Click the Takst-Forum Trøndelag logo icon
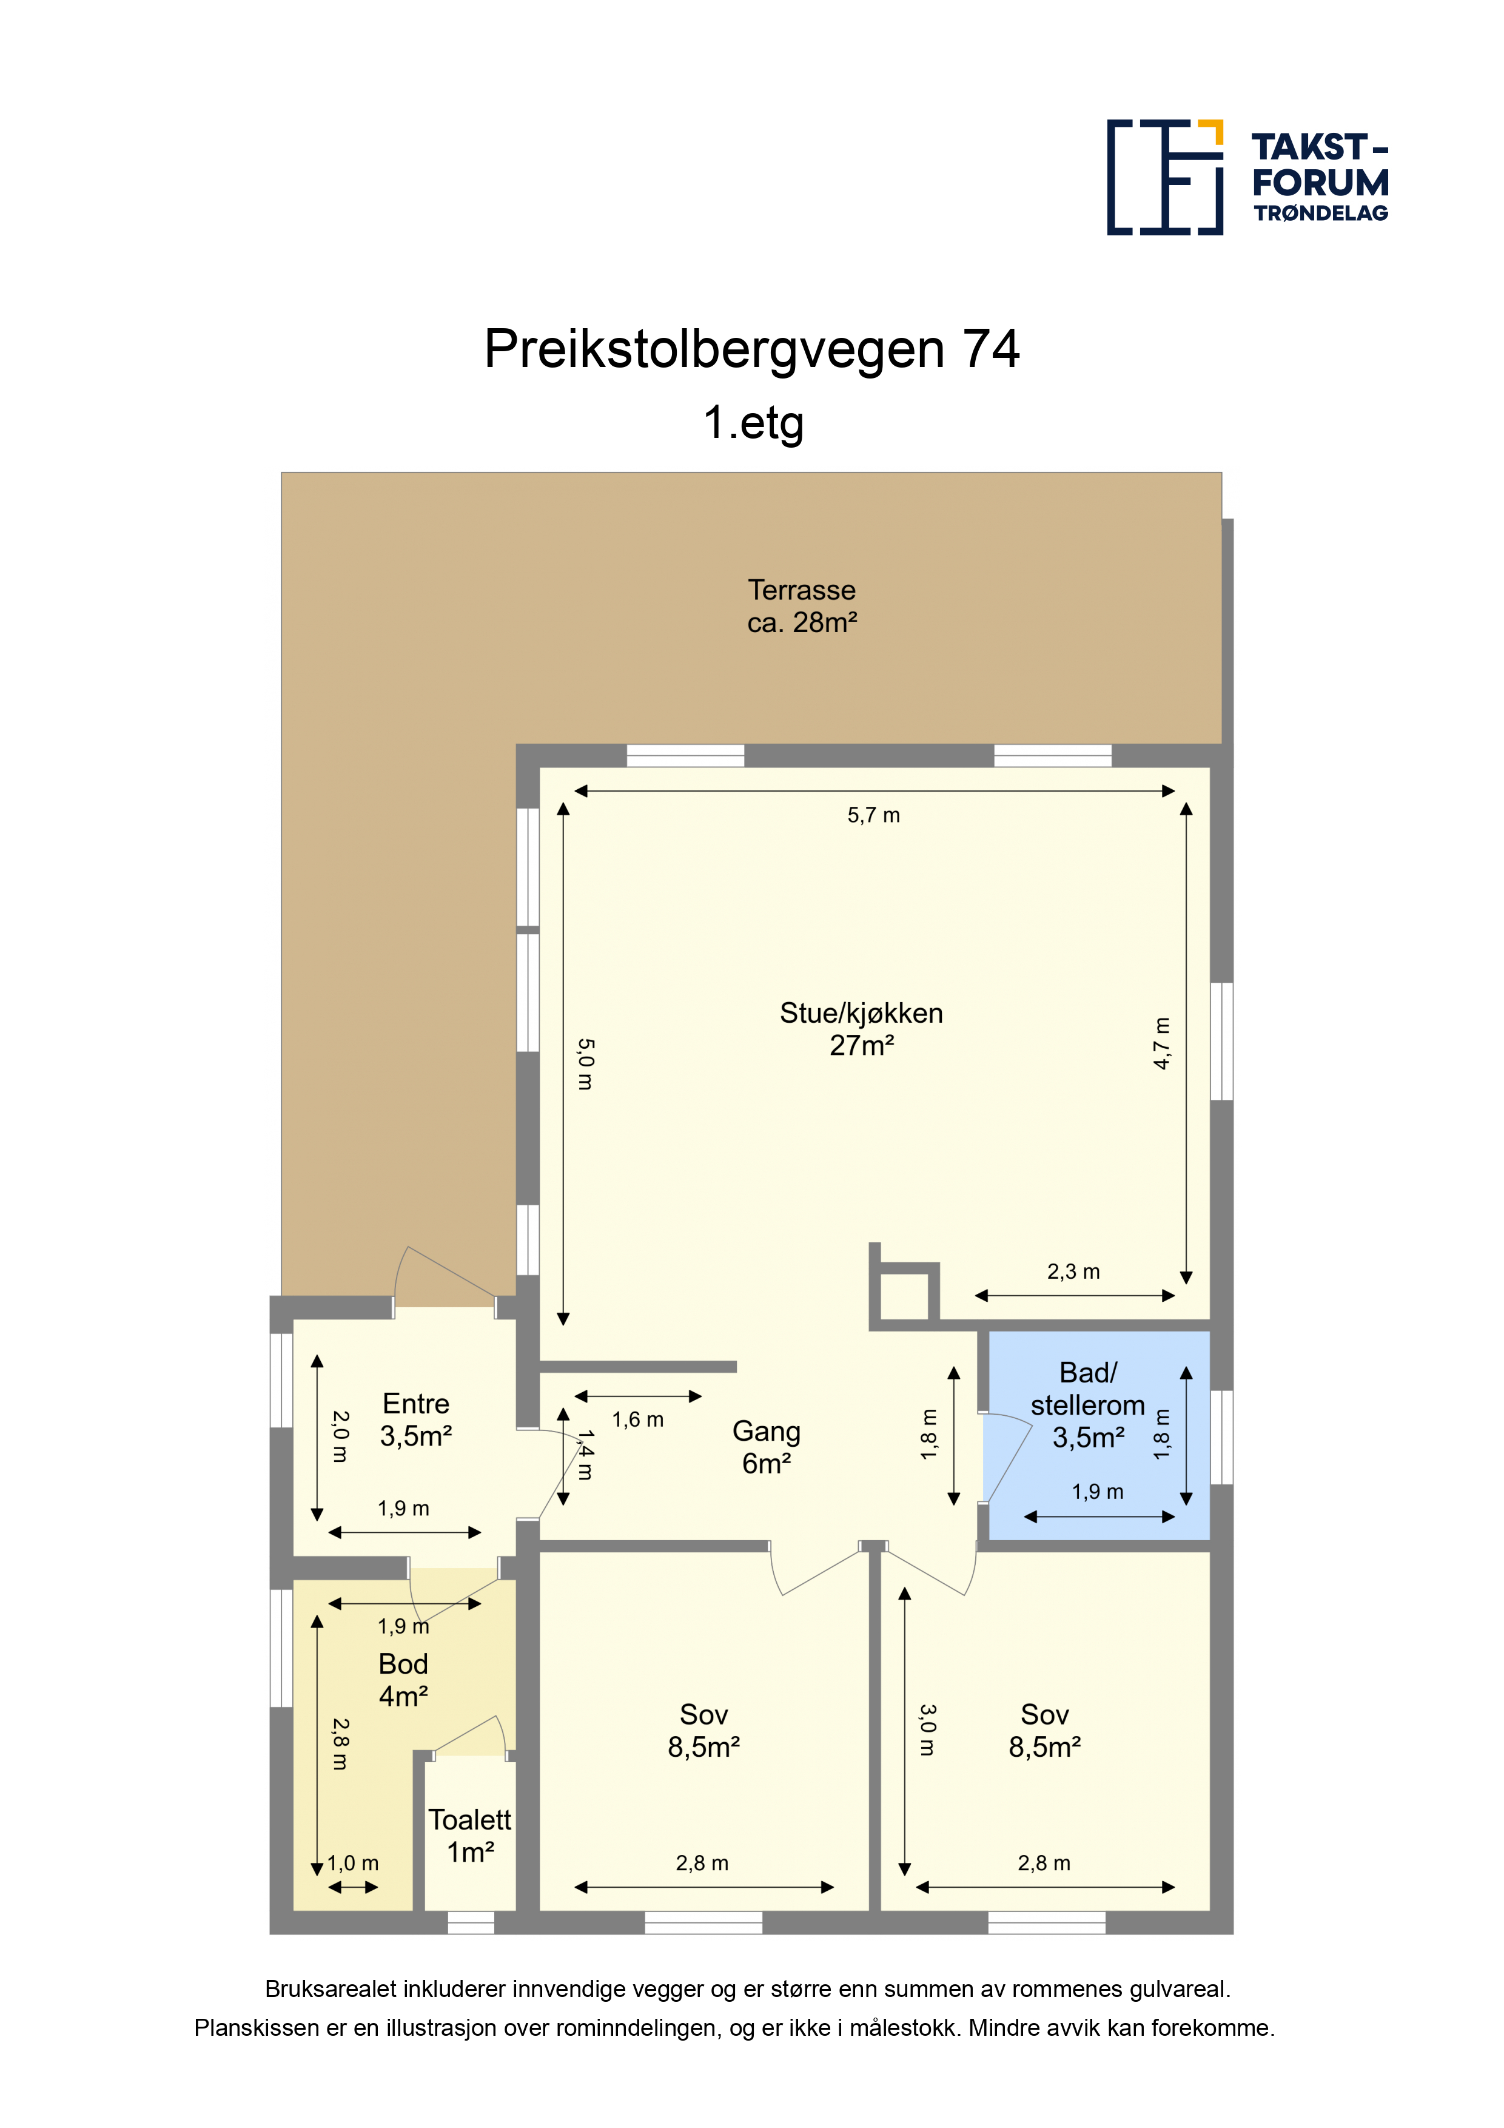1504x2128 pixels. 1165,177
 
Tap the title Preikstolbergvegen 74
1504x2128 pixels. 751,349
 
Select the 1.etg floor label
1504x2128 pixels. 753,423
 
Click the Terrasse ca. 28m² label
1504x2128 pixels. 802,606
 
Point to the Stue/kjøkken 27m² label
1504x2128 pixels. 861,1029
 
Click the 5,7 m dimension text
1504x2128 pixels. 873,816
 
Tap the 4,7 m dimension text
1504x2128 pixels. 1162,1043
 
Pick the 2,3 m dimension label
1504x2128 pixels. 1073,1271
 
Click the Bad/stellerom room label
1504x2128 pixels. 1088,1389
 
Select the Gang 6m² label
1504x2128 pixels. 767,1447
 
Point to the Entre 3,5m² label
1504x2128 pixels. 416,1420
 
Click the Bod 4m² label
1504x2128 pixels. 403,1680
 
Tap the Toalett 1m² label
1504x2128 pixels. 470,1836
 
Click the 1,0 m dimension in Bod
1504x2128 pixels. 353,1863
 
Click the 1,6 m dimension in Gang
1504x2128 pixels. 637,1420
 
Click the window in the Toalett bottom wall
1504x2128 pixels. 471,1922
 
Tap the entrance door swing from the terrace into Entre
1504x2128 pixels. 445,1277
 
